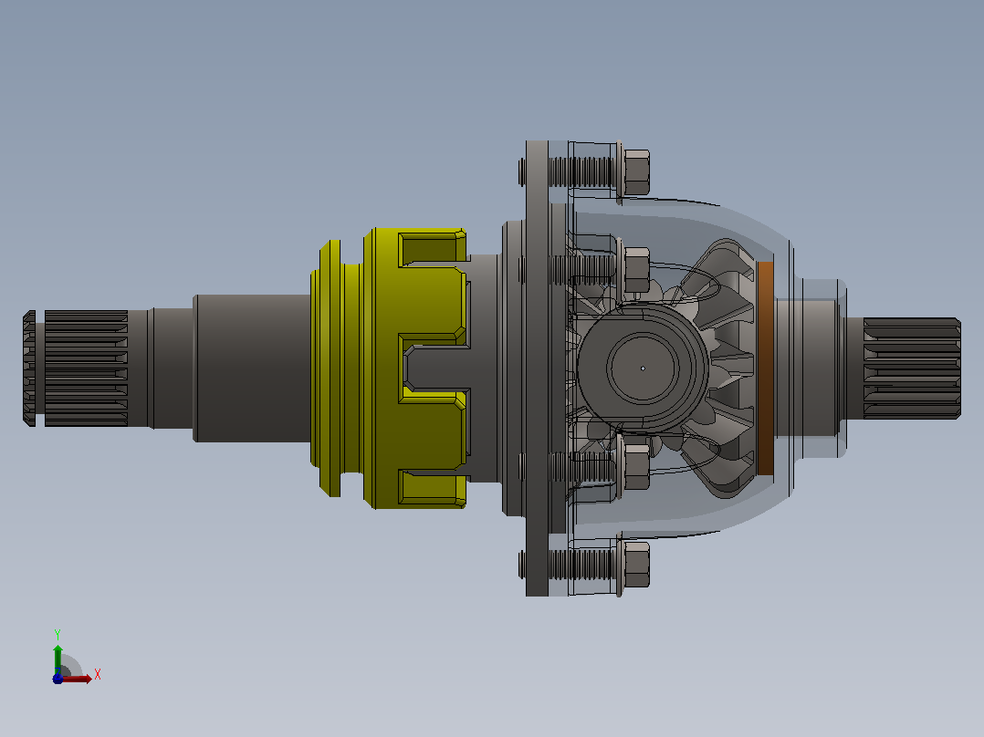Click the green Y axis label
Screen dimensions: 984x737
tap(58, 634)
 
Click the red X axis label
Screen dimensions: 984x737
tap(98, 675)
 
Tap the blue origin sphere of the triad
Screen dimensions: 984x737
tap(58, 679)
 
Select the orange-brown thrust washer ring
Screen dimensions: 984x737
tap(766, 368)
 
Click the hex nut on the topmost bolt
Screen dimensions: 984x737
tap(637, 171)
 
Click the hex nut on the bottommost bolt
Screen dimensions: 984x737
tap(637, 565)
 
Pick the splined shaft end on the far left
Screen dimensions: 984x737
tap(76, 368)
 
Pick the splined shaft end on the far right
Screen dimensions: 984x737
tap(912, 368)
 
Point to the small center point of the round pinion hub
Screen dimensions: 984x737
tap(643, 368)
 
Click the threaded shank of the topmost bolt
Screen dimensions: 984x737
tap(581, 171)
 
